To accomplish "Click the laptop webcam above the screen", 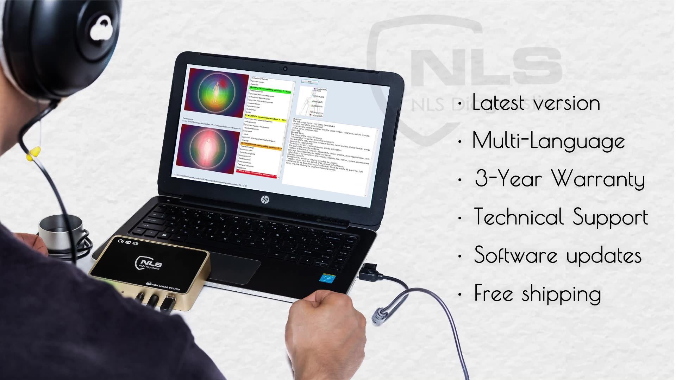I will pyautogui.click(x=285, y=68).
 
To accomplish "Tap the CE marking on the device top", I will pyautogui.click(x=120, y=241).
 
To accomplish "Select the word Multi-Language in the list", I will pyautogui.click(x=548, y=141).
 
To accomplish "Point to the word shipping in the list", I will pyautogui.click(x=561, y=294).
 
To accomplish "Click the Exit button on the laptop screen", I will pyautogui.click(x=310, y=82).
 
